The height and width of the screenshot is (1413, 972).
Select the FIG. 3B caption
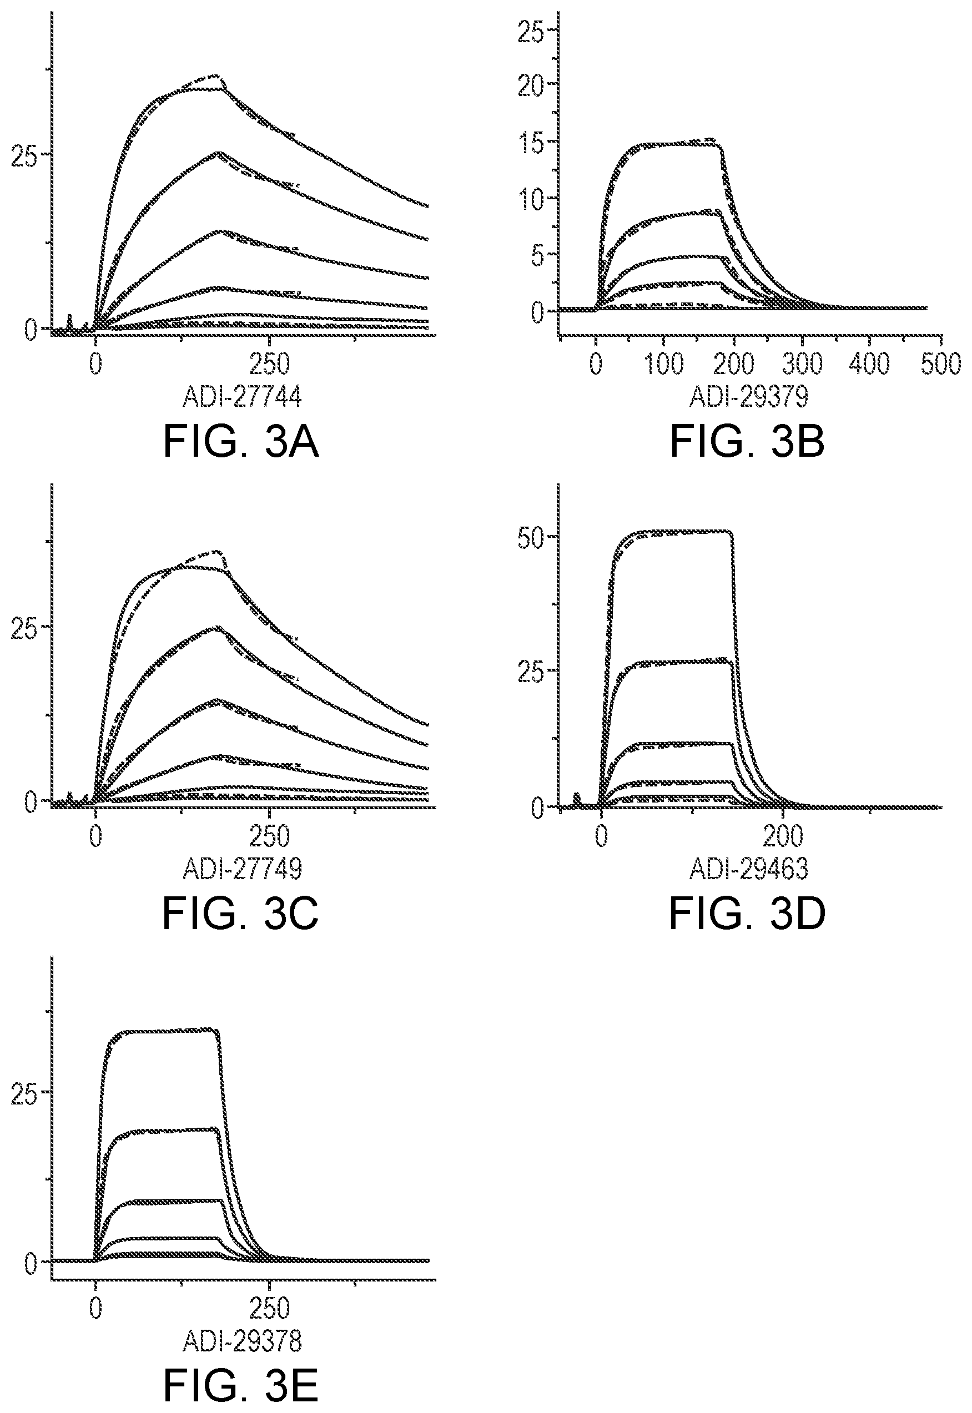coord(747,442)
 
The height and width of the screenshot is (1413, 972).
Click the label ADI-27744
coord(243,397)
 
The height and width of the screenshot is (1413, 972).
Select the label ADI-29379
coord(748,397)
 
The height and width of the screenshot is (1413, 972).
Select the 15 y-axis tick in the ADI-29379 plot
coord(529,141)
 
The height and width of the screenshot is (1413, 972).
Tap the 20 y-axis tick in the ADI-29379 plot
coord(529,84)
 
